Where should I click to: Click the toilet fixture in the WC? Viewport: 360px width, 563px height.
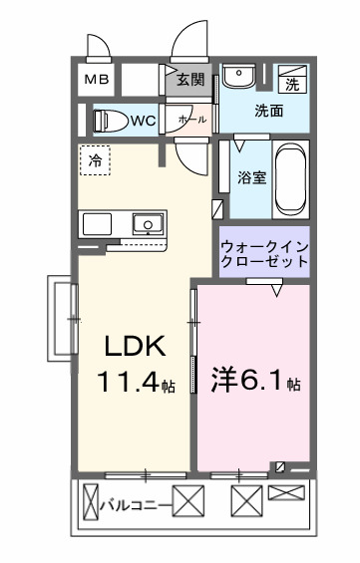tap(109, 121)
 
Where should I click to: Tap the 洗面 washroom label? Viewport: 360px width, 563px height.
tap(268, 111)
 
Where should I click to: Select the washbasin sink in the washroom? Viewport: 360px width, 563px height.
tap(237, 79)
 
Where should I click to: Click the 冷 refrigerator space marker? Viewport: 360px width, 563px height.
tap(96, 159)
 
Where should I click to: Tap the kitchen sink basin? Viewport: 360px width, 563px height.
tap(147, 223)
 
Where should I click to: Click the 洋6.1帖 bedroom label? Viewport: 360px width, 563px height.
tap(255, 381)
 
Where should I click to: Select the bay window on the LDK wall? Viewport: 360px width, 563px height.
tap(62, 318)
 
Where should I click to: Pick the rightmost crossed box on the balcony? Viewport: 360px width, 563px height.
tap(284, 492)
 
